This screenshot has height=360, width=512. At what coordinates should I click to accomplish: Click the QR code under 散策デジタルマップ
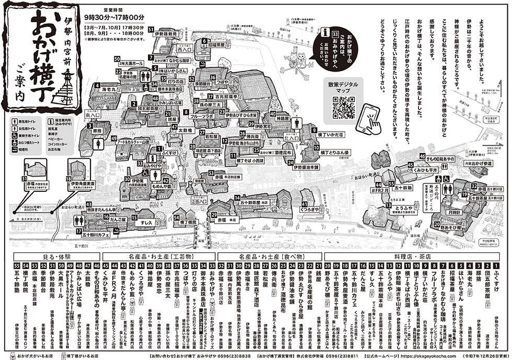(x=342, y=109)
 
